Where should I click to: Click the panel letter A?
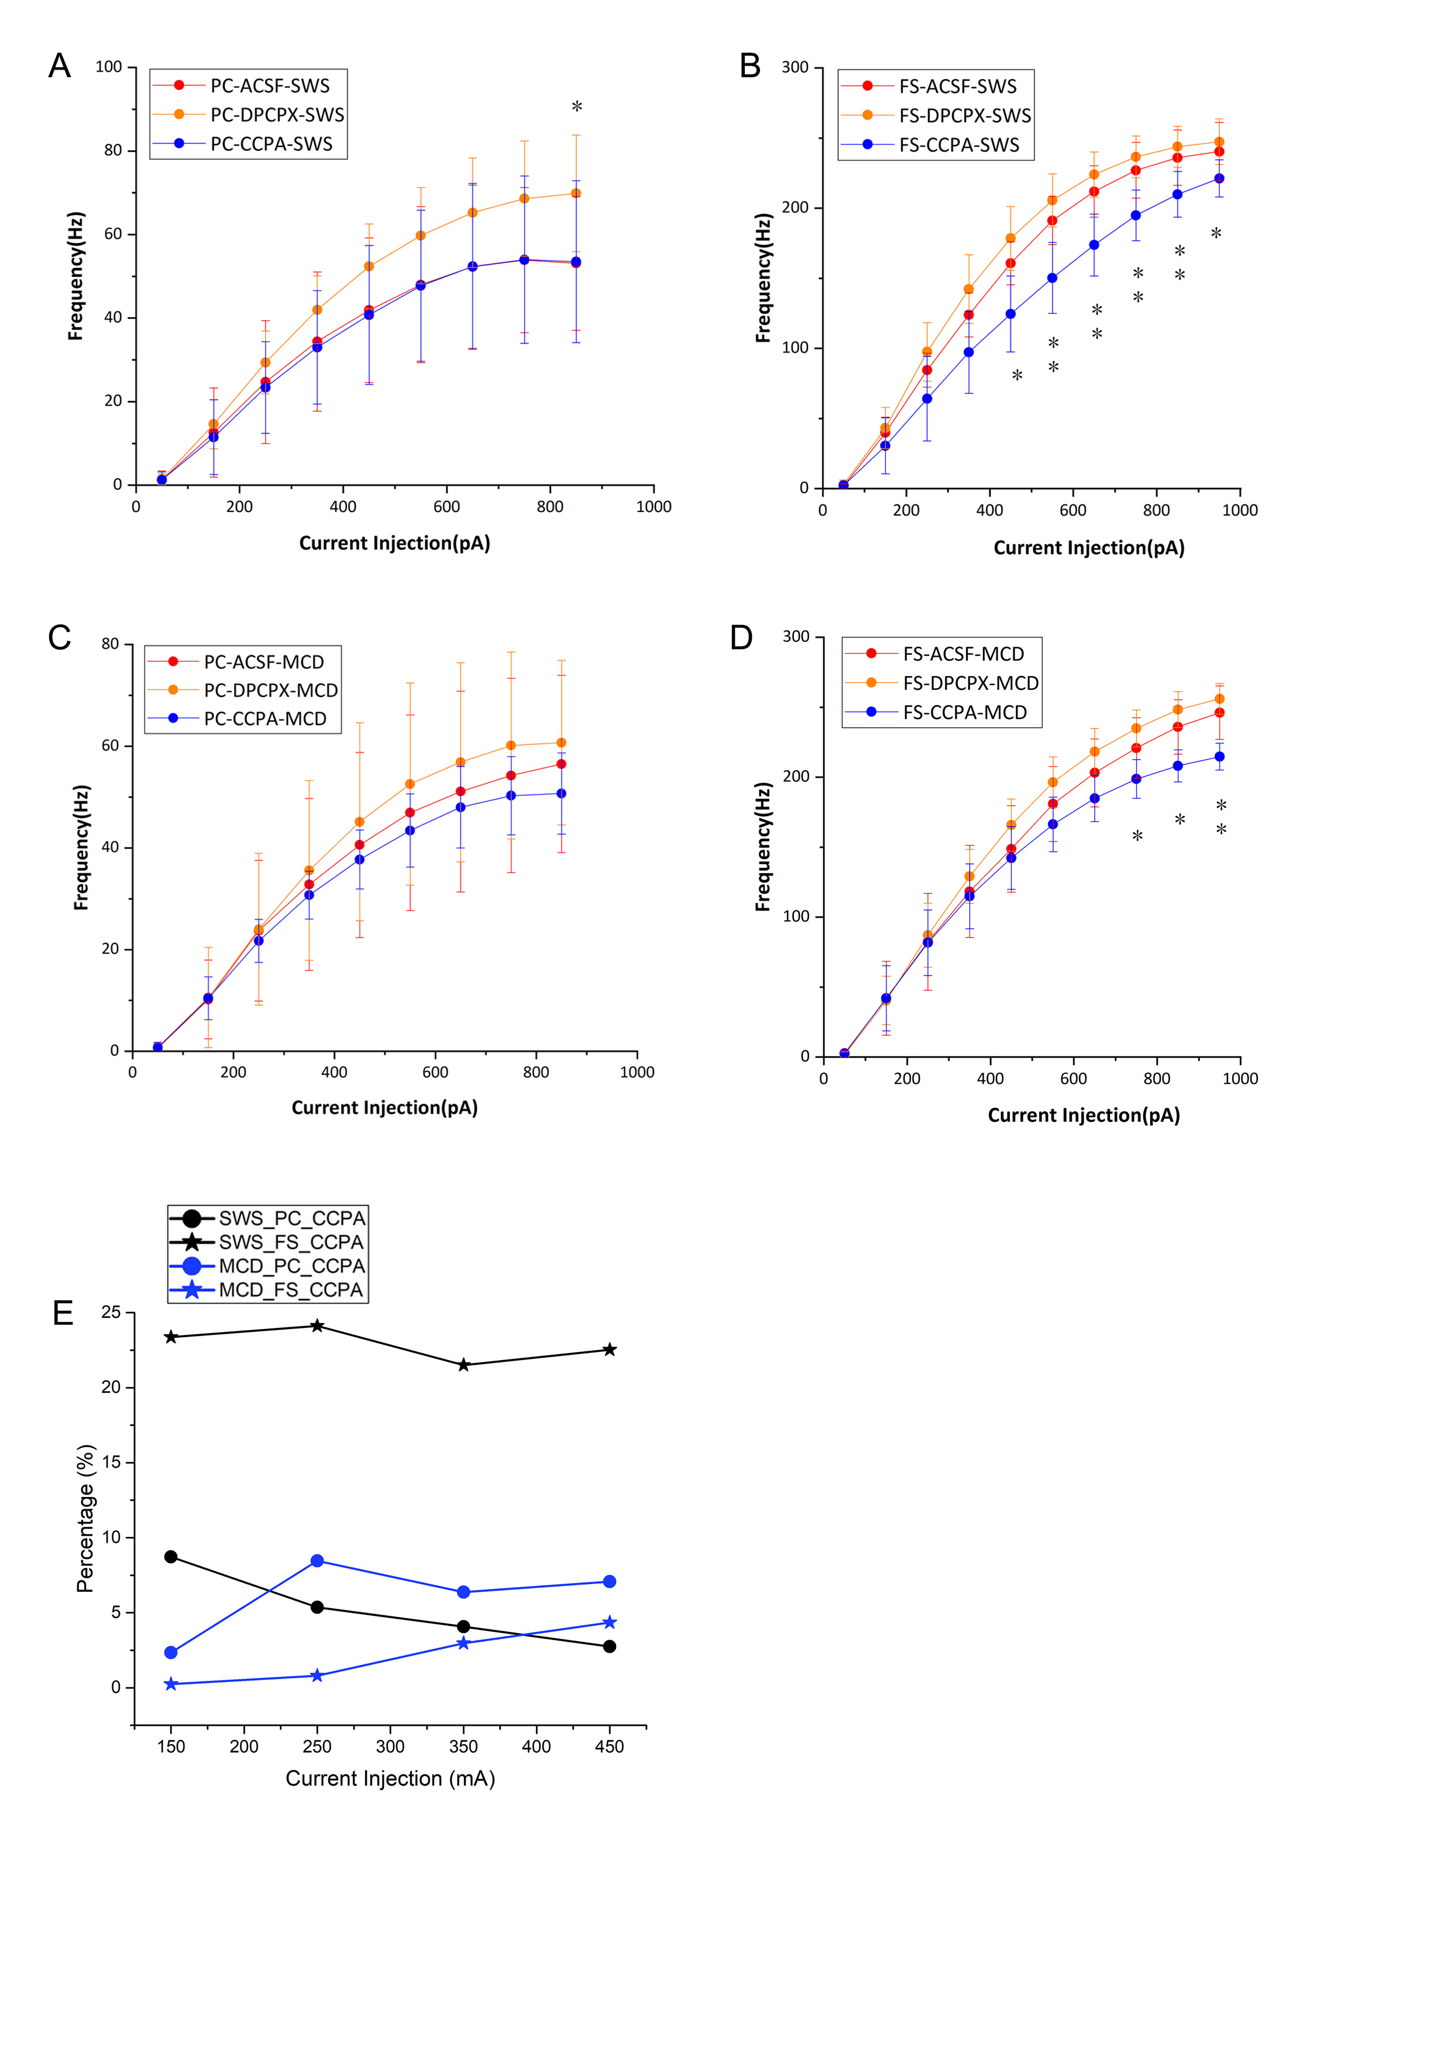[x=60, y=66]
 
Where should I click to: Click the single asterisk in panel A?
[x=577, y=107]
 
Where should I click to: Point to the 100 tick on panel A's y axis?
[x=108, y=67]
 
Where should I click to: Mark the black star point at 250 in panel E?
[x=317, y=1326]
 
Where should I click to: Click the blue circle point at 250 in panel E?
[x=317, y=1561]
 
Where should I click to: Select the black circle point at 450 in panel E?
[x=610, y=1646]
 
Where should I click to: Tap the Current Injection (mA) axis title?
[x=390, y=1779]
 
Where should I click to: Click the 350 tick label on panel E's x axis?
[x=463, y=1746]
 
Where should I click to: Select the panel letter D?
[x=742, y=637]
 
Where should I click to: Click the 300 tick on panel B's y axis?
[x=794, y=67]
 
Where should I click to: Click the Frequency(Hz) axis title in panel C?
[x=81, y=847]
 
